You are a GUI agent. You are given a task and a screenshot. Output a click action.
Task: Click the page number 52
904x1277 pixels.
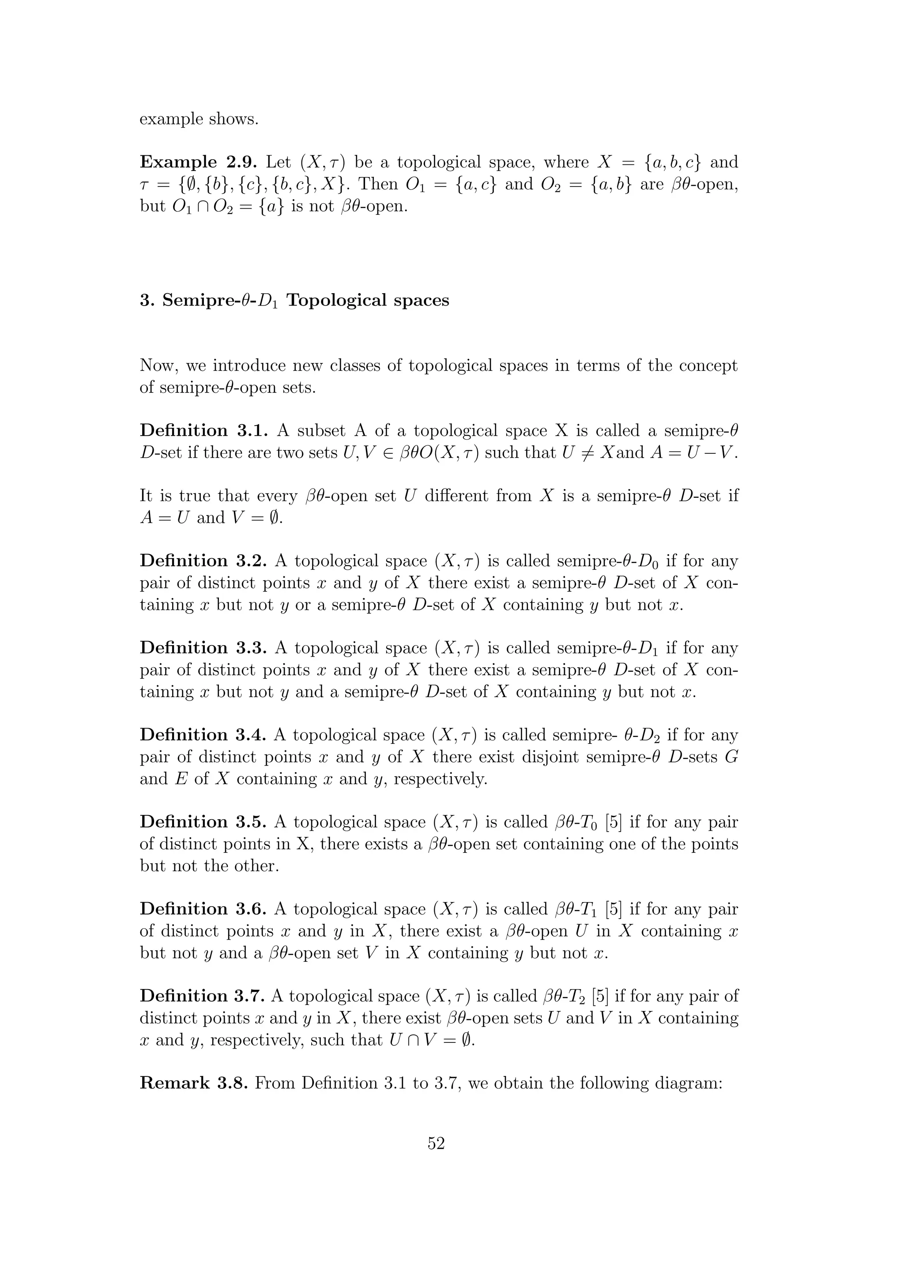coord(436,1143)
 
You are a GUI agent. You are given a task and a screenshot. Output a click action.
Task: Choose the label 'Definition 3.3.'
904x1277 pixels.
coord(204,648)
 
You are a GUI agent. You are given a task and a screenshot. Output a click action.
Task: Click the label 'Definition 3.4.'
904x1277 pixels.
coord(204,735)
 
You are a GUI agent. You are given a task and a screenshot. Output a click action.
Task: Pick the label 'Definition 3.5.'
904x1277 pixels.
coord(204,822)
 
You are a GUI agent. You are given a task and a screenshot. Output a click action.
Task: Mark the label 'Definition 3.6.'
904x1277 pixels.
coord(204,909)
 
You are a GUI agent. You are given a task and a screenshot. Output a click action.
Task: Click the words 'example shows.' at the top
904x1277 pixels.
coord(199,119)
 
